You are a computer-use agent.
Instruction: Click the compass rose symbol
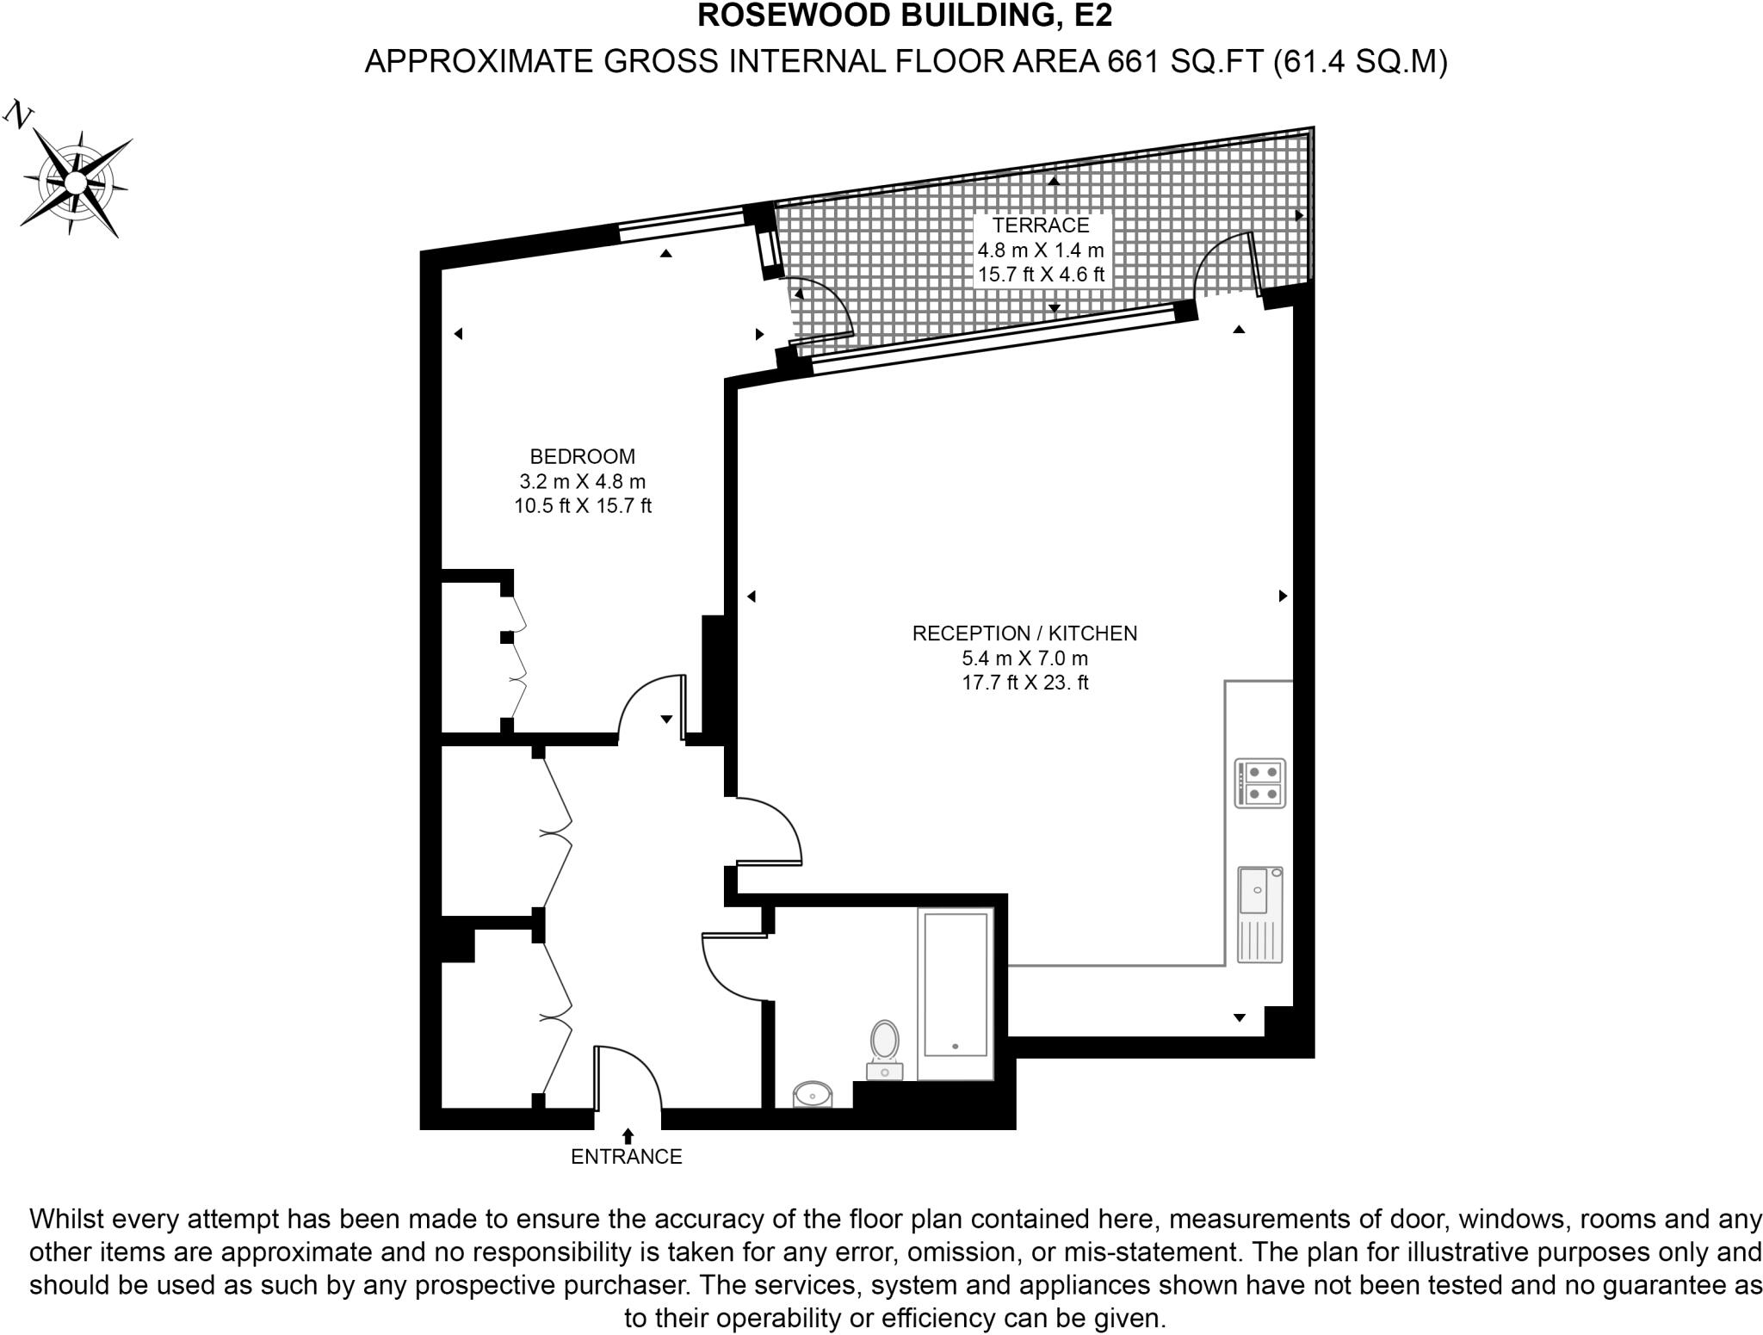[76, 182]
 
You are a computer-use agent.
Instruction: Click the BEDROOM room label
[582, 456]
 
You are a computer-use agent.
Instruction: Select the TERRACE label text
[1040, 226]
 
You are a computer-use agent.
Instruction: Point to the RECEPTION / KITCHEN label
[1024, 634]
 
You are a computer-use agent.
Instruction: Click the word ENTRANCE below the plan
[626, 1157]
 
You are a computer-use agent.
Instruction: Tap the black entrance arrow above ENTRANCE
[628, 1136]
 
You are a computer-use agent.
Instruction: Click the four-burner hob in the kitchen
[1259, 782]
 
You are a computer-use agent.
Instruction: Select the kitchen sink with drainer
[1260, 914]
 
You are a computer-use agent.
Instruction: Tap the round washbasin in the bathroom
[812, 1095]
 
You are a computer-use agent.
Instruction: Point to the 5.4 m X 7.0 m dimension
[1024, 658]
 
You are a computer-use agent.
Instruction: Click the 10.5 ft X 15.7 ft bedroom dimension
[582, 506]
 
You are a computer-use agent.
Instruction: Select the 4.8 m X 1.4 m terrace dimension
[1040, 250]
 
